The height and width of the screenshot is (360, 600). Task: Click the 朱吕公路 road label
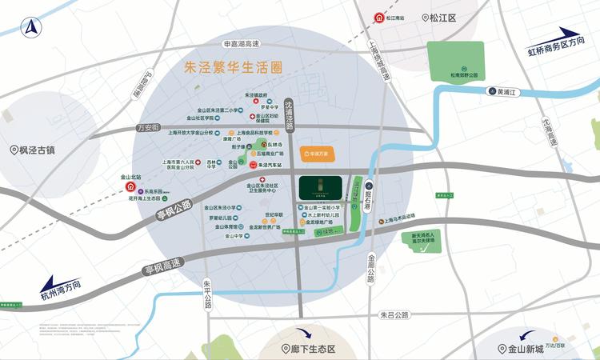tap(394, 315)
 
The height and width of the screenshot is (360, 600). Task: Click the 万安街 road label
tap(149, 128)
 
